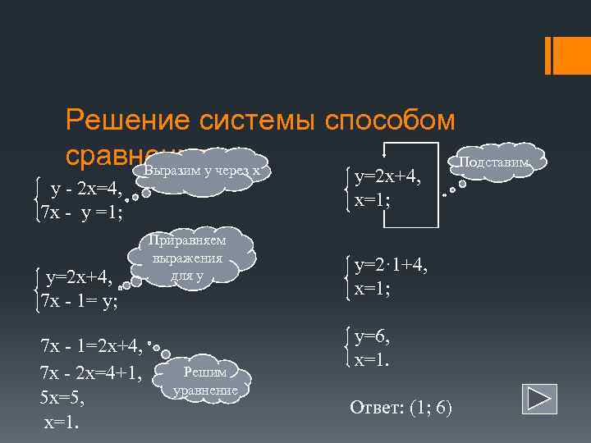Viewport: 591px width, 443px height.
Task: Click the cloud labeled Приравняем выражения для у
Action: click(x=188, y=258)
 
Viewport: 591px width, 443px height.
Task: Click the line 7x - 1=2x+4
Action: click(x=91, y=345)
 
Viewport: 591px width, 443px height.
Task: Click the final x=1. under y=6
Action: click(x=372, y=359)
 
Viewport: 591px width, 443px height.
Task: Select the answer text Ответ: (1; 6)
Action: click(x=401, y=408)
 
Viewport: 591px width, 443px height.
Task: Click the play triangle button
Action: click(x=538, y=399)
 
